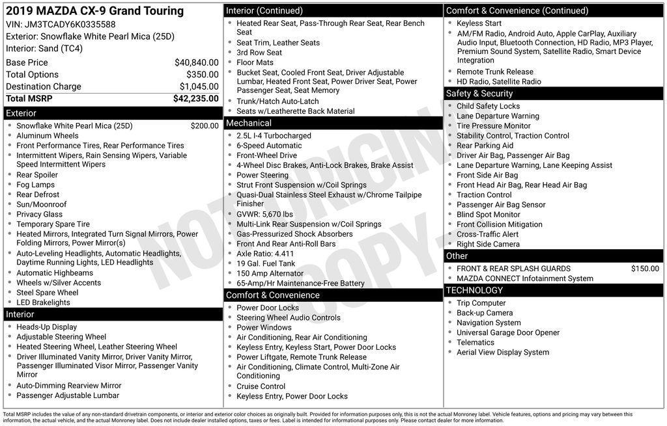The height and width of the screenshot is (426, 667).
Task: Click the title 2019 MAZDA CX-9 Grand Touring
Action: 95,11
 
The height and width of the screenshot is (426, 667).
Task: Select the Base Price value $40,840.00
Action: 196,62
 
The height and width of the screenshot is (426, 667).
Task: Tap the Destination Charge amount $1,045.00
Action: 199,87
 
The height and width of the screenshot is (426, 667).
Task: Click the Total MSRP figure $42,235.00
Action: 195,99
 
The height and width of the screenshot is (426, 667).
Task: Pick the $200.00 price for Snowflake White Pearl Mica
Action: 205,126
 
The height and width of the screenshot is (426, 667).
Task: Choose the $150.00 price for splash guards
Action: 645,269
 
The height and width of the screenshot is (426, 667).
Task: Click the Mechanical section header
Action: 249,123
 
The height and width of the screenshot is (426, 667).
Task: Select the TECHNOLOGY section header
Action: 474,291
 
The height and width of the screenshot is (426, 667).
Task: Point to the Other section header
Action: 457,256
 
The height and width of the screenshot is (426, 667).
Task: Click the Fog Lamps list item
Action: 35,185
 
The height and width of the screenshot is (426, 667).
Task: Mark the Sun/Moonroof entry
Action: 42,204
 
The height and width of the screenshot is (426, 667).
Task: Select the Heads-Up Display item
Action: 47,327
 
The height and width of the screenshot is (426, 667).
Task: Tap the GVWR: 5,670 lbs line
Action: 264,214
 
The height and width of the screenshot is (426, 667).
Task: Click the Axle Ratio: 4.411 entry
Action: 265,254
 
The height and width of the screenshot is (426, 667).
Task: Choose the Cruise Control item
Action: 261,386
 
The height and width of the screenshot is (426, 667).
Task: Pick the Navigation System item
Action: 489,323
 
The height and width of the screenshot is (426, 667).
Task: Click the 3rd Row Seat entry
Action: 259,53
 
